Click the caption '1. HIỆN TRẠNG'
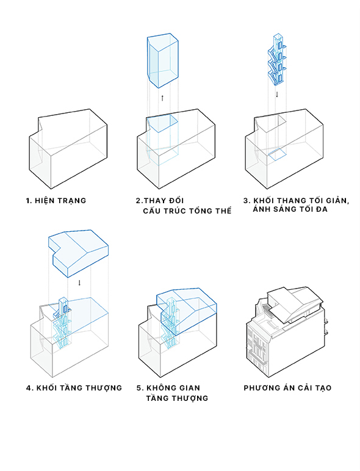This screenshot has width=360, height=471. point(56,201)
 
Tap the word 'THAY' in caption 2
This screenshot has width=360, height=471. point(156,200)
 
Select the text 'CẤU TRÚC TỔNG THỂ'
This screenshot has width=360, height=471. point(187,210)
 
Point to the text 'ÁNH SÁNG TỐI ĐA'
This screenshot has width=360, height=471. point(290,209)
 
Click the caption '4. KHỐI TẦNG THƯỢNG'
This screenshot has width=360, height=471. point(74,388)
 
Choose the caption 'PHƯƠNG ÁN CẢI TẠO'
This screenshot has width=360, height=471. point(287,388)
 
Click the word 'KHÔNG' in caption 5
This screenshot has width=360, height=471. point(162,388)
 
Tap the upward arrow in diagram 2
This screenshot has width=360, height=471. point(162,98)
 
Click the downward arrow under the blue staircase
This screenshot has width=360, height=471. point(277,95)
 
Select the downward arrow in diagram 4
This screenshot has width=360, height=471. point(79,282)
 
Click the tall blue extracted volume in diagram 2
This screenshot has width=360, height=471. point(162,60)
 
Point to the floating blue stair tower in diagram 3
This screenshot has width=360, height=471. point(276,59)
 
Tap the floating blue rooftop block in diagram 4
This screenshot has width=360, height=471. point(78,253)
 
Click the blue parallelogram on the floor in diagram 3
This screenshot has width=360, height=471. point(277,154)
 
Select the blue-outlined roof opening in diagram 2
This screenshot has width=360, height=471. point(162,123)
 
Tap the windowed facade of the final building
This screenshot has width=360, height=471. point(257,345)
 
